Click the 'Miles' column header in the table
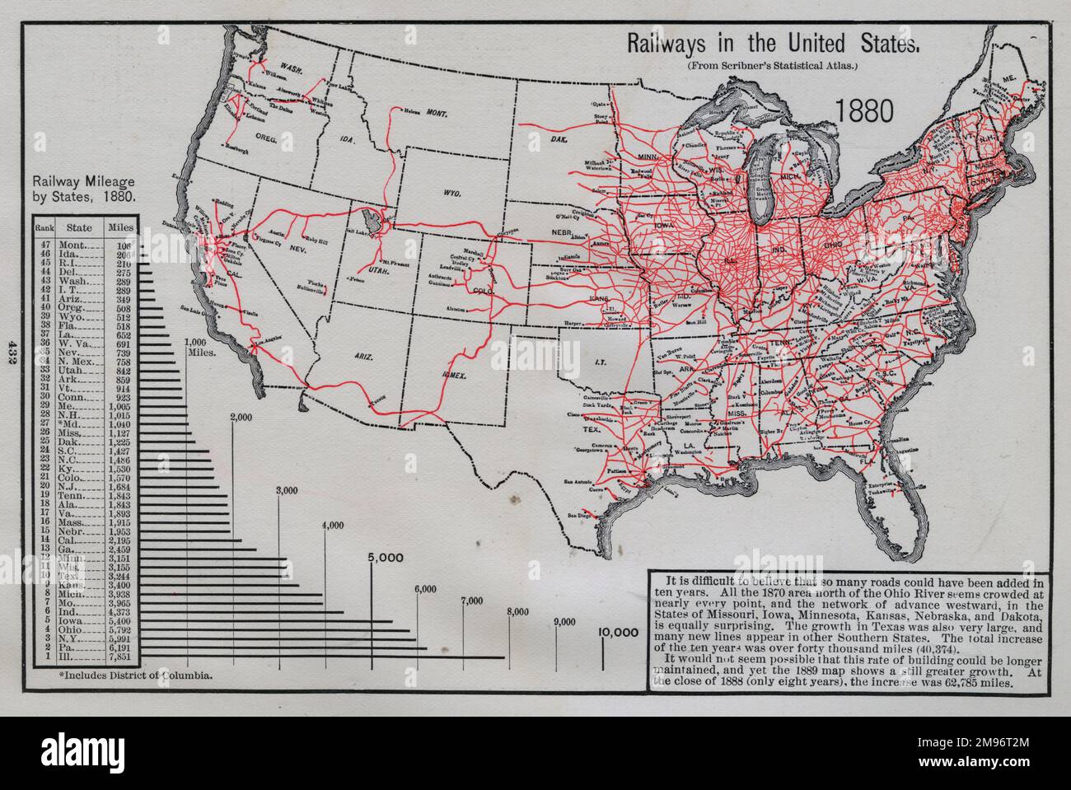point(121,225)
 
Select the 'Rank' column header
point(45,225)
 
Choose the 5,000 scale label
point(386,557)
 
